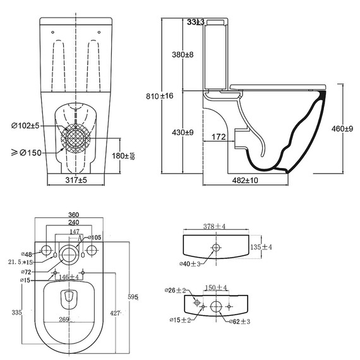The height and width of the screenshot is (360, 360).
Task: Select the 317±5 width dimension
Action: (76, 180)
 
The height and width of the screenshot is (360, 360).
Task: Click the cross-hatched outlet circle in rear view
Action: (76, 140)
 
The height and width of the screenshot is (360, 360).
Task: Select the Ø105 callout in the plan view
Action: (93, 237)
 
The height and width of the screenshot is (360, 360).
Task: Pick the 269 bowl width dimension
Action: (64, 319)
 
